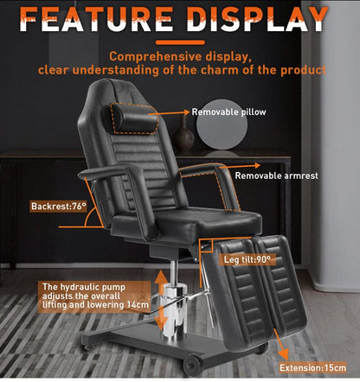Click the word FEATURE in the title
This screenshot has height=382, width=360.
[103, 17]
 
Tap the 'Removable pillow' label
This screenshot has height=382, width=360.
[229, 111]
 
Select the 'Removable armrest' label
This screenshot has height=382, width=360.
[277, 175]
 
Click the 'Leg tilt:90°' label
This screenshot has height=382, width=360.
[247, 259]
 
